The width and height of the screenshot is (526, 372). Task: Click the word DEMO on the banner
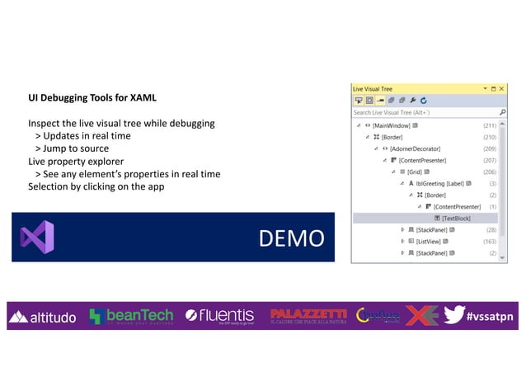point(291,238)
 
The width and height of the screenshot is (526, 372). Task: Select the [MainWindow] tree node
point(392,125)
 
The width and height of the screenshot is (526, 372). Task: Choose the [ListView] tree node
point(434,241)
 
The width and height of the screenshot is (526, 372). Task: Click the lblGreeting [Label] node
point(440,183)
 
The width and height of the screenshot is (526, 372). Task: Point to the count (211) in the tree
point(490,125)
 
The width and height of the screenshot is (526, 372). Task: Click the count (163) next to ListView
point(490,241)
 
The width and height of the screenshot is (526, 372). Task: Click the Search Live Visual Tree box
point(420,112)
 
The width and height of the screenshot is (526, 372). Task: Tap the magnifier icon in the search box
point(502,112)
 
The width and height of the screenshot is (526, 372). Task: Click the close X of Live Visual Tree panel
point(503,88)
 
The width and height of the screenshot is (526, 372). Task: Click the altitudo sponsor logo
point(43,317)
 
